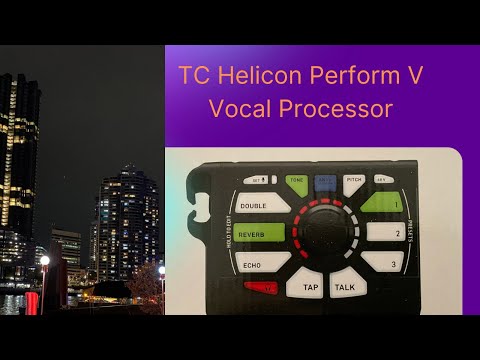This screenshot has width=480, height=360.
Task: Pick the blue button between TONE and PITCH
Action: [325, 181]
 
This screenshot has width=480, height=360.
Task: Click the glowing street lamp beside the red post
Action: [45, 262]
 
